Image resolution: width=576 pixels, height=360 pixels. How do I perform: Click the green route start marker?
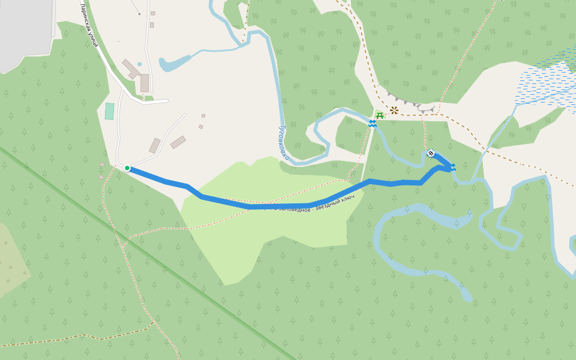127,168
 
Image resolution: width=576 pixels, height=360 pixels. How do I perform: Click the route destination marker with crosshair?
431,153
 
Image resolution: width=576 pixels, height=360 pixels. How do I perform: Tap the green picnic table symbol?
379,115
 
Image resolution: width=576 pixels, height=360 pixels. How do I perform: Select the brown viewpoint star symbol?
394,110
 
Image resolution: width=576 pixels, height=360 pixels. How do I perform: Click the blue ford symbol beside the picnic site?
373,123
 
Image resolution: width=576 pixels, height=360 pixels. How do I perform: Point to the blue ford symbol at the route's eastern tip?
452,167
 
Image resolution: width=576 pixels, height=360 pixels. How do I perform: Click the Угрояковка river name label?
283,143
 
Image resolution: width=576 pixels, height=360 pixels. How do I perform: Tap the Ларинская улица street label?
89,25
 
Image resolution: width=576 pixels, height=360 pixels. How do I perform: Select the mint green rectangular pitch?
109,111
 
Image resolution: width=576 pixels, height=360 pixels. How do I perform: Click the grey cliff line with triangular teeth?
411,103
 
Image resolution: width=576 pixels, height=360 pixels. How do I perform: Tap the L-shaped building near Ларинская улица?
131,69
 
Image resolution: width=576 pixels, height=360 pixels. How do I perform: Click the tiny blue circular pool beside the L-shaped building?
140,64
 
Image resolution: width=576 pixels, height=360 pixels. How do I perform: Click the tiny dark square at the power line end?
139,14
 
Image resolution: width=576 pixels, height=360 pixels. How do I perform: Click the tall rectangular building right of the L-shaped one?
145,83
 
